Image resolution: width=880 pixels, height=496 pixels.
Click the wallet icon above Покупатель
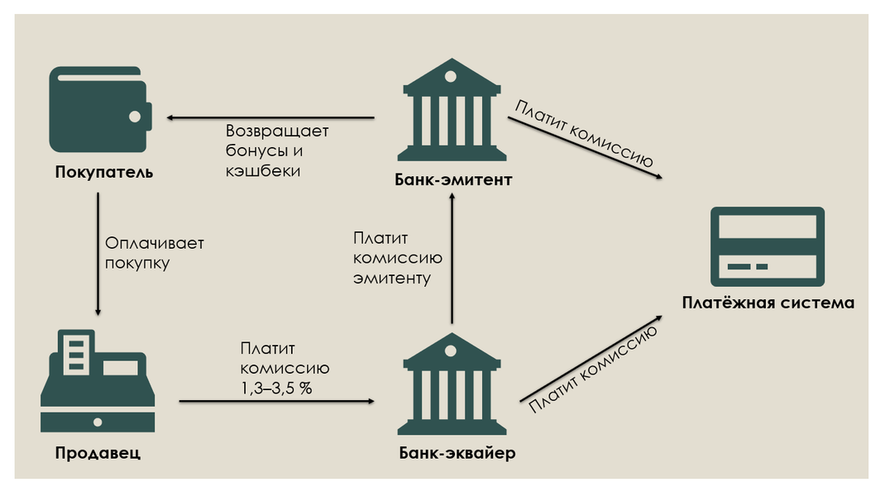point(100,109)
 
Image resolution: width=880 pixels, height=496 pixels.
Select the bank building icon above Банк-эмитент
point(451,112)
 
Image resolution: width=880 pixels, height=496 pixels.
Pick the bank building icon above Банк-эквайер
point(451,384)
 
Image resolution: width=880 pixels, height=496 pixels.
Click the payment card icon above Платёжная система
point(767,246)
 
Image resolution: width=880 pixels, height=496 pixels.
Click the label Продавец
point(98,452)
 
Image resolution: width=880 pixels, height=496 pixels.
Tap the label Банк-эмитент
point(453,179)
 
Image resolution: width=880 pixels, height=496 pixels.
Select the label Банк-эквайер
point(457,452)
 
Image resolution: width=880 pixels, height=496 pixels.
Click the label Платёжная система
point(768,303)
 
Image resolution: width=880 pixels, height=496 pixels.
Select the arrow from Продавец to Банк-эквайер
point(277,401)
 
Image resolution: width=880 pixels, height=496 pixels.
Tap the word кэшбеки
point(262,171)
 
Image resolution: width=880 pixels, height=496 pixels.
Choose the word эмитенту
point(392,278)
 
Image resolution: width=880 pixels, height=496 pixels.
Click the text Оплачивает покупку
point(155,253)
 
